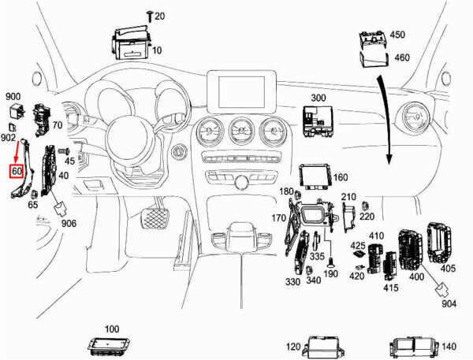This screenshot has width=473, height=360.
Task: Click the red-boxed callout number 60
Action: [x=17, y=171]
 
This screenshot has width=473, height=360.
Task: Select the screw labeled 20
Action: [x=150, y=16]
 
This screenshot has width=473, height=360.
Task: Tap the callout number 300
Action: [x=318, y=98]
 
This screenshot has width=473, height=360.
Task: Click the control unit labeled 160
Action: [x=315, y=177]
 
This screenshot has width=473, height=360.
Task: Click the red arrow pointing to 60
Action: [x=17, y=152]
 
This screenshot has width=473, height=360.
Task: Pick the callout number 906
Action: [x=69, y=224]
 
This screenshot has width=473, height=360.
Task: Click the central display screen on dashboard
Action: [x=241, y=91]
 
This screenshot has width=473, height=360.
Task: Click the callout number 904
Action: [x=449, y=303]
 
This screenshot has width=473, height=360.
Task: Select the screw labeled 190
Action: [x=331, y=262]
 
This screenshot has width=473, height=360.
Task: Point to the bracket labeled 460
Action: [x=374, y=59]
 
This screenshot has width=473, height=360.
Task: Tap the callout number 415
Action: [x=391, y=288]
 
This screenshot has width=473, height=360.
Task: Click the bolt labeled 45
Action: [x=64, y=150]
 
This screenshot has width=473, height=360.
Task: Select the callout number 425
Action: [x=358, y=246]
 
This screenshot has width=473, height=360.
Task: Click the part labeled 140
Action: [x=414, y=347]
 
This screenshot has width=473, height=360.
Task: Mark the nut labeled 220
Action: [x=365, y=206]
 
